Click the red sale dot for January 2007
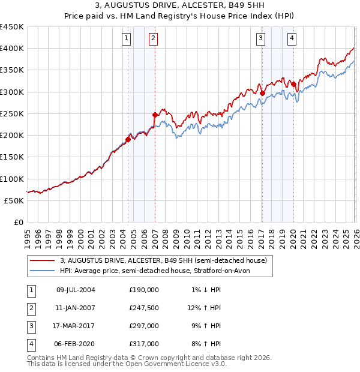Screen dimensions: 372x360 point(155,114)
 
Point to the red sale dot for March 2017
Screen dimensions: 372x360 point(262,92)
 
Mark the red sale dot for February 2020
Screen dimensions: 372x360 point(293,84)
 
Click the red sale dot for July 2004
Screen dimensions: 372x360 point(128,139)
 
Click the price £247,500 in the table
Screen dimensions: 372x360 point(144,307)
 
